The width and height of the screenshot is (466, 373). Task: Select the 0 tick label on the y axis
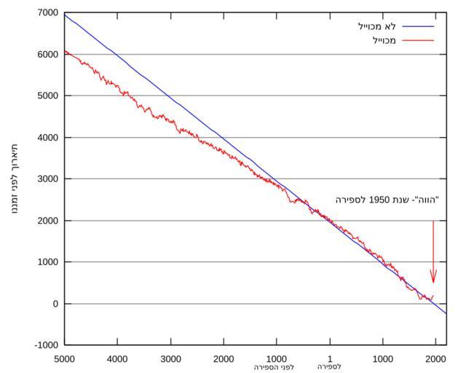tap(55, 304)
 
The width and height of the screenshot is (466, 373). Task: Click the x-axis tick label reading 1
tap(329, 358)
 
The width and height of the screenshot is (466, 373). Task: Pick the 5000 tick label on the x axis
tap(65, 358)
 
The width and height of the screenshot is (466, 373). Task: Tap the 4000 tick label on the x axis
tap(117, 358)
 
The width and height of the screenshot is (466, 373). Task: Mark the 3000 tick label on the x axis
tap(170, 358)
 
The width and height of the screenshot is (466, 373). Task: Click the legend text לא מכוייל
tap(377, 26)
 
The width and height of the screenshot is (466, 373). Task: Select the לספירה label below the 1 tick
tap(329, 367)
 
